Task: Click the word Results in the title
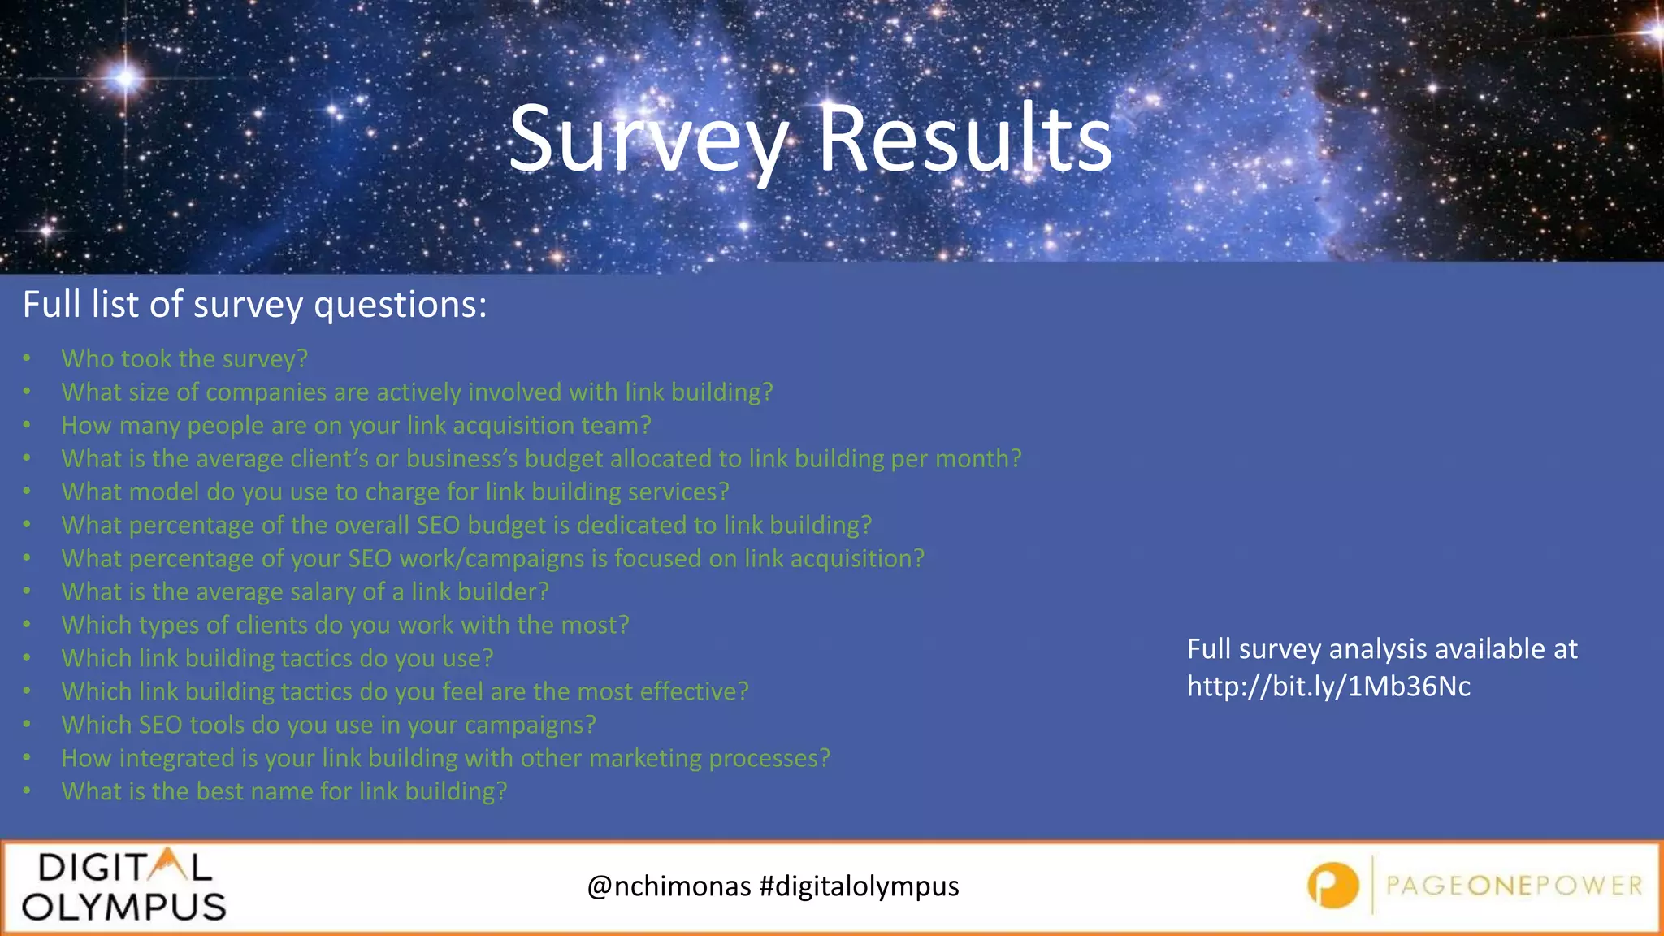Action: (x=964, y=140)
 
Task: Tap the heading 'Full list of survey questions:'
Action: (x=254, y=305)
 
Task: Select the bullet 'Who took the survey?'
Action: (x=184, y=359)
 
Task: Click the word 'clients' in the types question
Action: (x=271, y=626)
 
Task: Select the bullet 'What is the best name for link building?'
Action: (x=284, y=792)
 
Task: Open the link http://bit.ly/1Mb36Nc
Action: (x=1328, y=687)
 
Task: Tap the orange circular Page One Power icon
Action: (x=1332, y=886)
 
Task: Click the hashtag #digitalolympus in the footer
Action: (x=859, y=886)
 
